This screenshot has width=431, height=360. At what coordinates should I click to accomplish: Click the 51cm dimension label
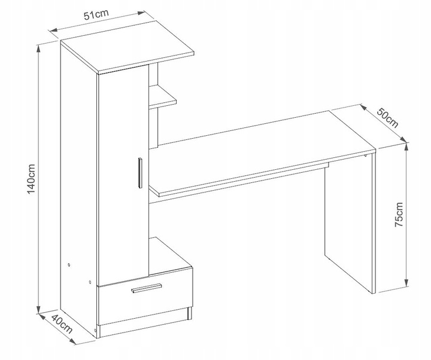[96, 15]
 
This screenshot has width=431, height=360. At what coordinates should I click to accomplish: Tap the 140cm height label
[31, 179]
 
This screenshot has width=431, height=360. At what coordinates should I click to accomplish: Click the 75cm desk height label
[399, 215]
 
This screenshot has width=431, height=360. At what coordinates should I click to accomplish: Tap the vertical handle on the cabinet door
[140, 173]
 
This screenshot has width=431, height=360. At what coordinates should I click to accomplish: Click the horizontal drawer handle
[147, 288]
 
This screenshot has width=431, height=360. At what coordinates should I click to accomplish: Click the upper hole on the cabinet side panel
[69, 265]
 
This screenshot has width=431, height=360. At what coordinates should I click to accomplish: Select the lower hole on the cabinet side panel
[90, 282]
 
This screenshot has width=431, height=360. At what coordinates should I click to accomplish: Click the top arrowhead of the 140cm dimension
[38, 48]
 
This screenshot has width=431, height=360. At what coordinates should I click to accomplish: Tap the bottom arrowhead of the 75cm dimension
[406, 282]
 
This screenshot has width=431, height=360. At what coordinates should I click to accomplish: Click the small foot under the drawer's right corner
[189, 313]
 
